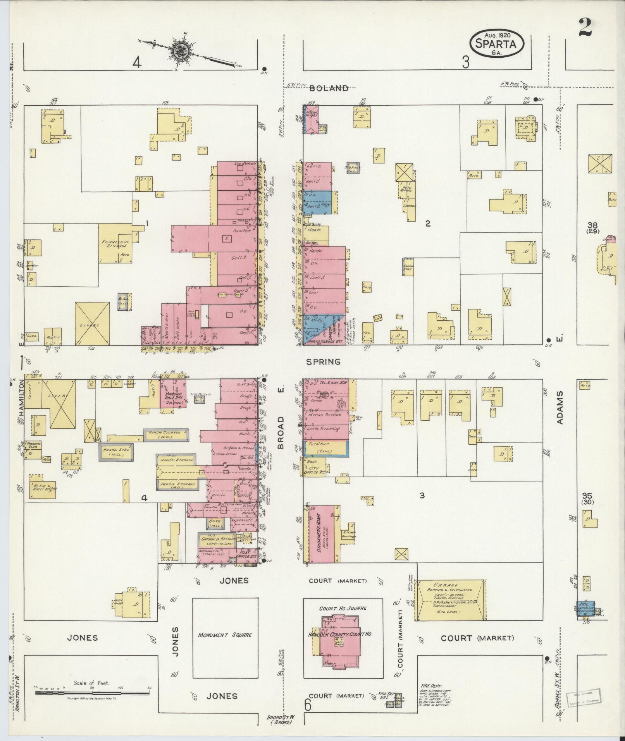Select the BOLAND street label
[329, 88]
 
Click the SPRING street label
[323, 362]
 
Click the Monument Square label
[225, 635]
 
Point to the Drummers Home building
[322, 534]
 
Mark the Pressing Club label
[33, 445]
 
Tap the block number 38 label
[592, 225]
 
